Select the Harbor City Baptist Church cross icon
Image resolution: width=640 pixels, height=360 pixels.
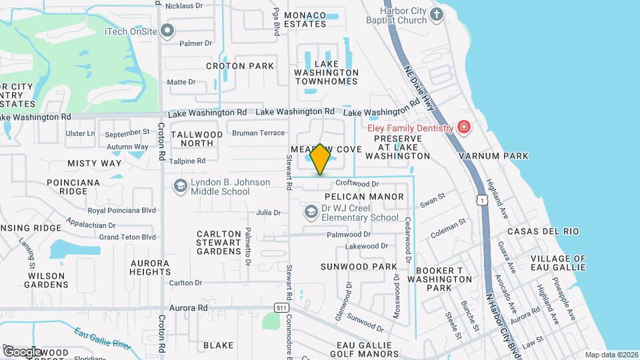pos(437,14)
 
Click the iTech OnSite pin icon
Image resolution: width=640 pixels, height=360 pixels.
pos(168,31)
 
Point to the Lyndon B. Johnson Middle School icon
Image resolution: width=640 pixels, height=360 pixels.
pos(179,186)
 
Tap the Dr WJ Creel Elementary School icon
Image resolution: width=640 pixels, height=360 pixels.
pos(310,212)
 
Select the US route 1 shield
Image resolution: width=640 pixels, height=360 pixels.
pos(481,199)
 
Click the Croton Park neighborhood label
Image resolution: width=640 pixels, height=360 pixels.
pos(240,66)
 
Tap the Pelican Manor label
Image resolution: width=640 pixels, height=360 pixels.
pos(364,197)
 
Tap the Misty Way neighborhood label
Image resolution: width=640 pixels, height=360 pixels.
pos(95,163)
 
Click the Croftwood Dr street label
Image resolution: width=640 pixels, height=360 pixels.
pos(357,183)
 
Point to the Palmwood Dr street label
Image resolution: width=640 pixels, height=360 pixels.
pos(349,235)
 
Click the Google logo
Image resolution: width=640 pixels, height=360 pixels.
pos(22,351)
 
